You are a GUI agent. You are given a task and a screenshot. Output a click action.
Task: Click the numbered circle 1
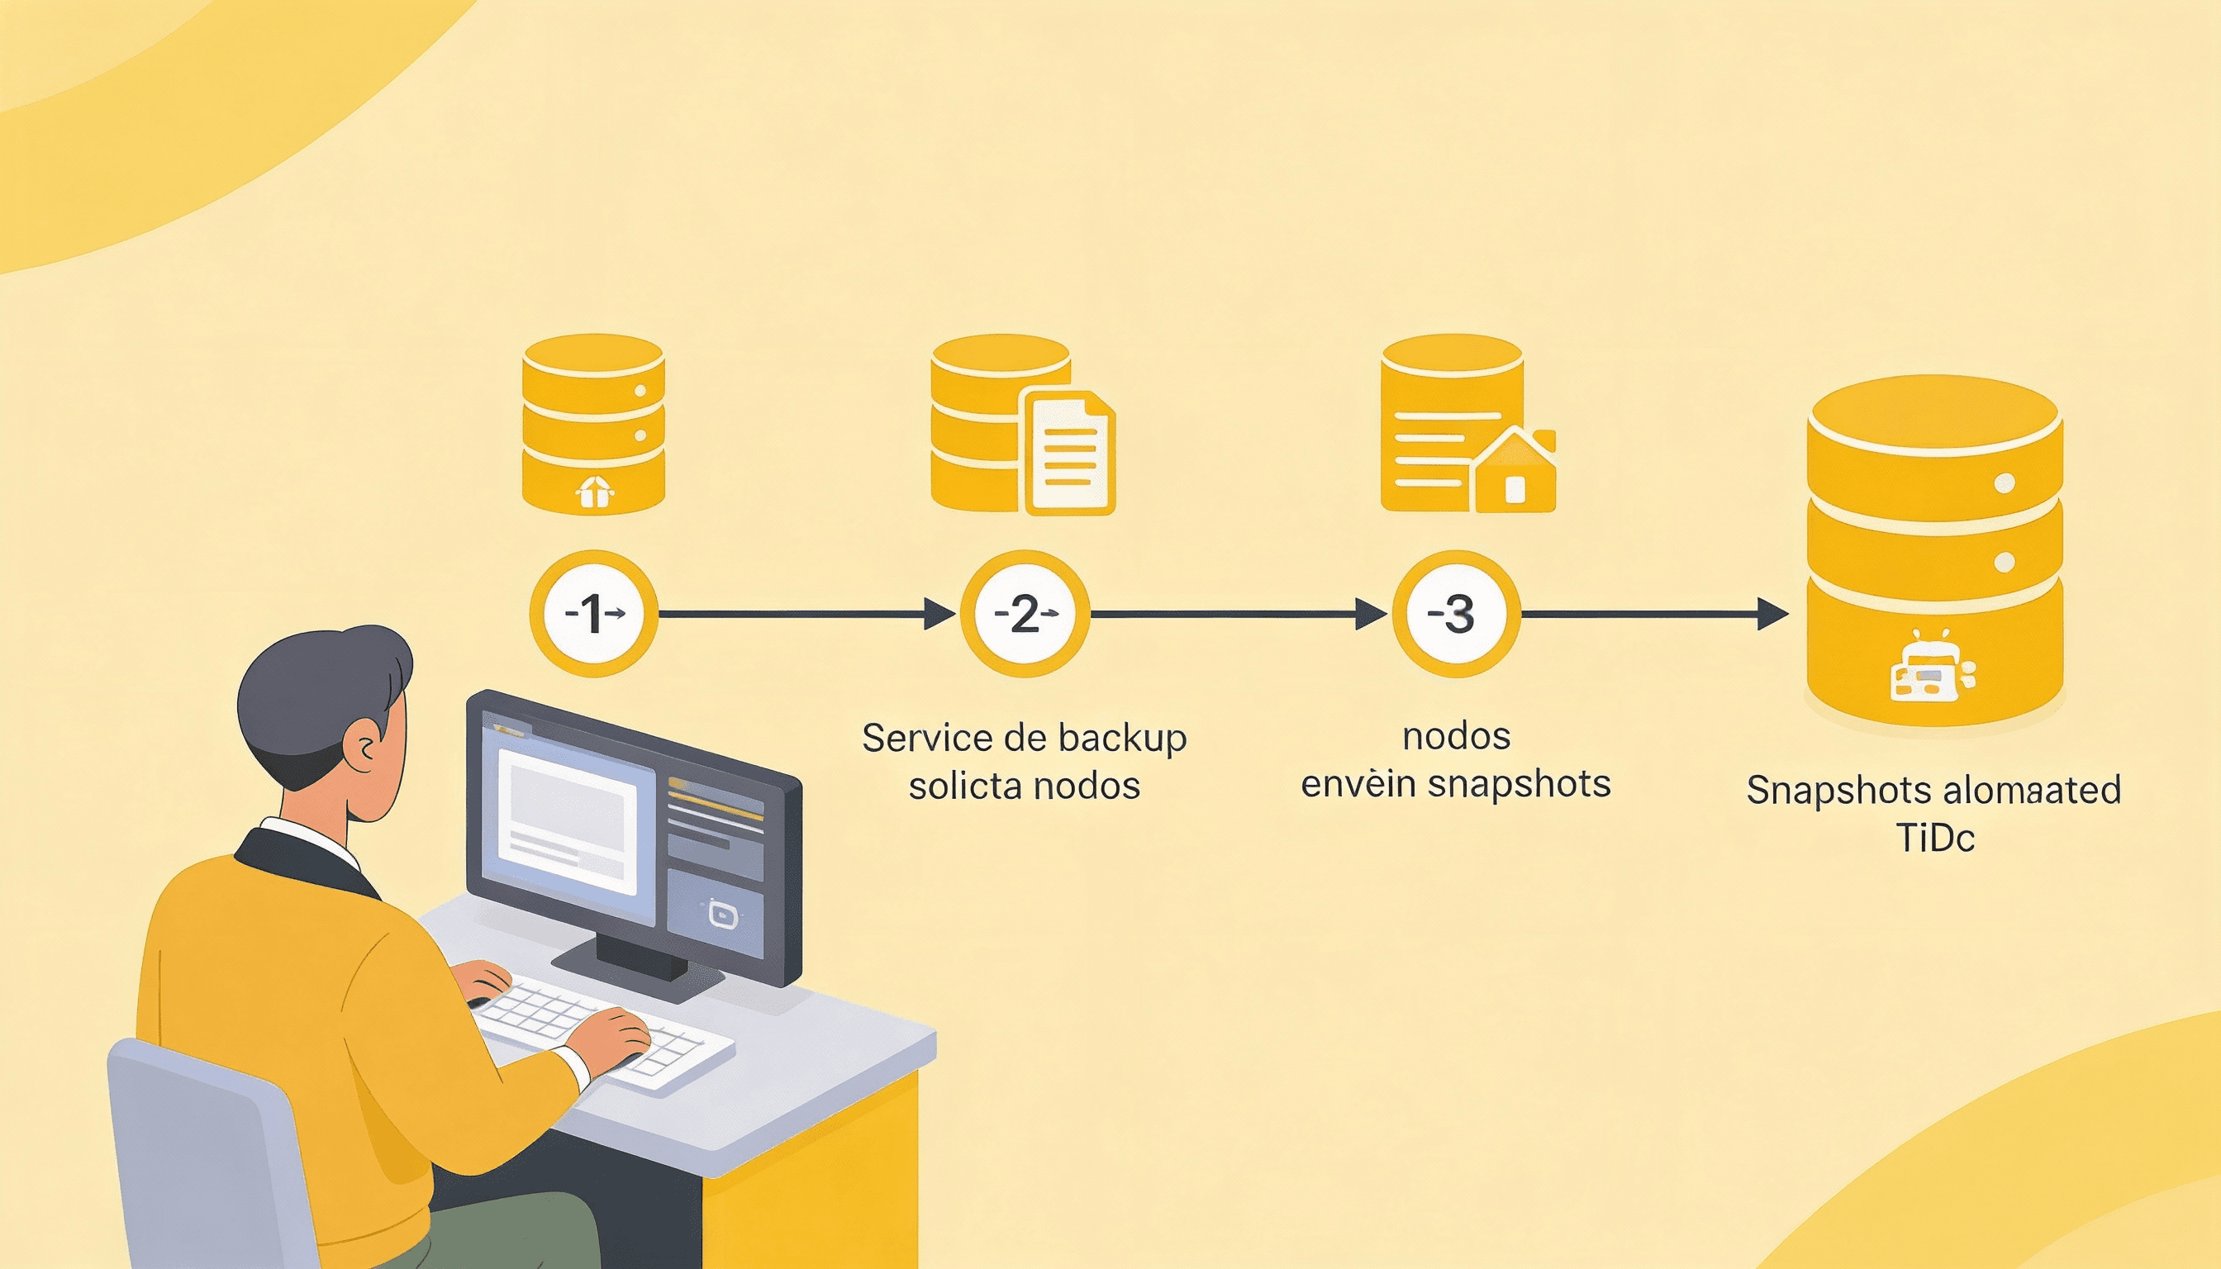coord(593,614)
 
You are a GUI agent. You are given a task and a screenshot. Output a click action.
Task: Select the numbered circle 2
coord(1025,614)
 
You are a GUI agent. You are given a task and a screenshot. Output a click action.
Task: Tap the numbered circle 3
coord(1457,614)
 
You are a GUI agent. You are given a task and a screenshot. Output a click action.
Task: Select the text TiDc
coord(1934,839)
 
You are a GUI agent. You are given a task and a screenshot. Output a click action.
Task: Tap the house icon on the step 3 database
coord(1515,471)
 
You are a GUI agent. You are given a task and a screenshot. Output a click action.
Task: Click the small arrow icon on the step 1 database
coord(594,493)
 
